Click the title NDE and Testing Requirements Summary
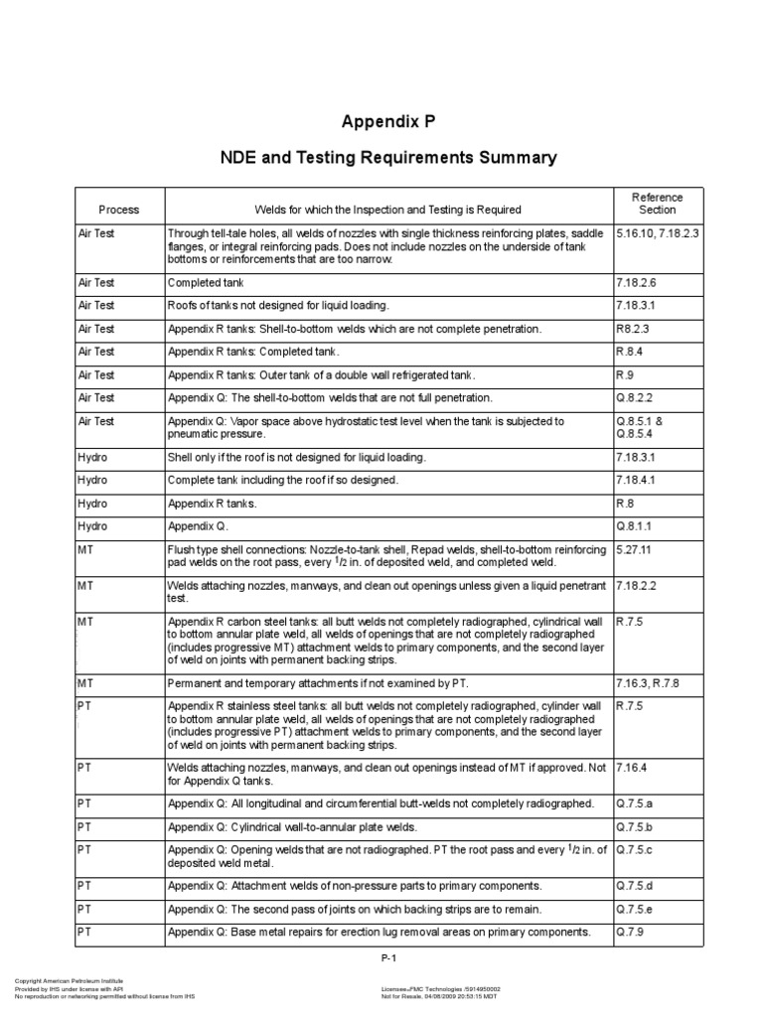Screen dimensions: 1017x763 388,158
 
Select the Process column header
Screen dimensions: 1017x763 118,210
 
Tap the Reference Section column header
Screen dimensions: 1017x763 658,204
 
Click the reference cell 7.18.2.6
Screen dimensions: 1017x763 636,282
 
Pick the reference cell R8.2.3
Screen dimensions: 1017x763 632,329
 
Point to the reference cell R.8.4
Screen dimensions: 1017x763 630,352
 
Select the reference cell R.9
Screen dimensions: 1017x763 624,374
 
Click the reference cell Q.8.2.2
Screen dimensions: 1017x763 634,397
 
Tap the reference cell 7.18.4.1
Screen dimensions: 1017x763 636,480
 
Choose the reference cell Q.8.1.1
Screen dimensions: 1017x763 634,526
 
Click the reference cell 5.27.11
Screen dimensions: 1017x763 633,549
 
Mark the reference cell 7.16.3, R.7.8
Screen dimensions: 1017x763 649,683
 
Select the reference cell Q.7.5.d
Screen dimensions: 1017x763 634,885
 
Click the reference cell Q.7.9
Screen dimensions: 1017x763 628,932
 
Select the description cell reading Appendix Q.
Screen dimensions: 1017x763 198,526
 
